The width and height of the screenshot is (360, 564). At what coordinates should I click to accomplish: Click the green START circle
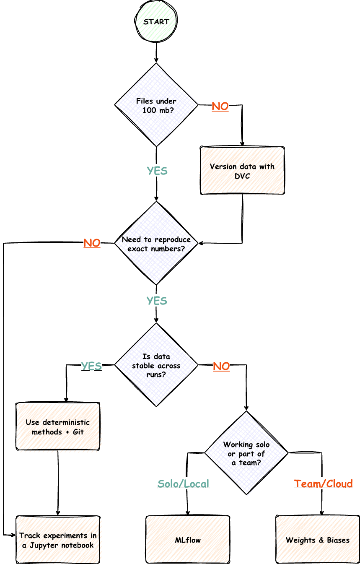[156, 21]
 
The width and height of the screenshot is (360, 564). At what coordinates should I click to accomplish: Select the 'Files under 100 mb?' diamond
[156, 105]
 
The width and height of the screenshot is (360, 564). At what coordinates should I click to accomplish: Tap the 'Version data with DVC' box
[242, 171]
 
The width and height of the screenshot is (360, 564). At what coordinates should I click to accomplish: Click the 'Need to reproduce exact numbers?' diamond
[156, 243]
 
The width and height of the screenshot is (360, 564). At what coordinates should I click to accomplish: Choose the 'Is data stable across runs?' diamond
[156, 364]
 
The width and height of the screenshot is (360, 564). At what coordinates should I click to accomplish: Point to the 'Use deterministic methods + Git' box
[58, 426]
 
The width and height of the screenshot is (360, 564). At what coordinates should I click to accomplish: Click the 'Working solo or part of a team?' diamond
[246, 453]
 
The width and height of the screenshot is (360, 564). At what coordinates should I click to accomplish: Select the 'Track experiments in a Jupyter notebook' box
[58, 539]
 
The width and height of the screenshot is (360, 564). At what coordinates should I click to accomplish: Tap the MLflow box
[188, 539]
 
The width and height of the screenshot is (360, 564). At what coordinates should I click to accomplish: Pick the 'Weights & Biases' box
[318, 539]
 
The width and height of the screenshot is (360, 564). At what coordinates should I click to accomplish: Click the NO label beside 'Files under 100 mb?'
[220, 107]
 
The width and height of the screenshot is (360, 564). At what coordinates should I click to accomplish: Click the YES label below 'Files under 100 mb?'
[157, 171]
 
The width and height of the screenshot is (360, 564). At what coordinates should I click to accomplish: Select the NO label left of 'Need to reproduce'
[92, 243]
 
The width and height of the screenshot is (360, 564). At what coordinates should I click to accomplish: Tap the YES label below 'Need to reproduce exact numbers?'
[157, 301]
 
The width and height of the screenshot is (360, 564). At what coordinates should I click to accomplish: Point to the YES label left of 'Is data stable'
[91, 366]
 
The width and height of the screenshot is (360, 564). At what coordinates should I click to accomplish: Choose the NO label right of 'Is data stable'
[221, 366]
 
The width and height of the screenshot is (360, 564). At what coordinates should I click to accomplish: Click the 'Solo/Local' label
[183, 483]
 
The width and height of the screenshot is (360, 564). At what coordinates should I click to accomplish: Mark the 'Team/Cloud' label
[323, 483]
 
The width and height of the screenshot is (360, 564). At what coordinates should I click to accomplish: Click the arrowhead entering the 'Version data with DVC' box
[242, 144]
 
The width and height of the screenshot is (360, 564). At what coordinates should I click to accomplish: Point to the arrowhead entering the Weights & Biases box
[321, 513]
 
